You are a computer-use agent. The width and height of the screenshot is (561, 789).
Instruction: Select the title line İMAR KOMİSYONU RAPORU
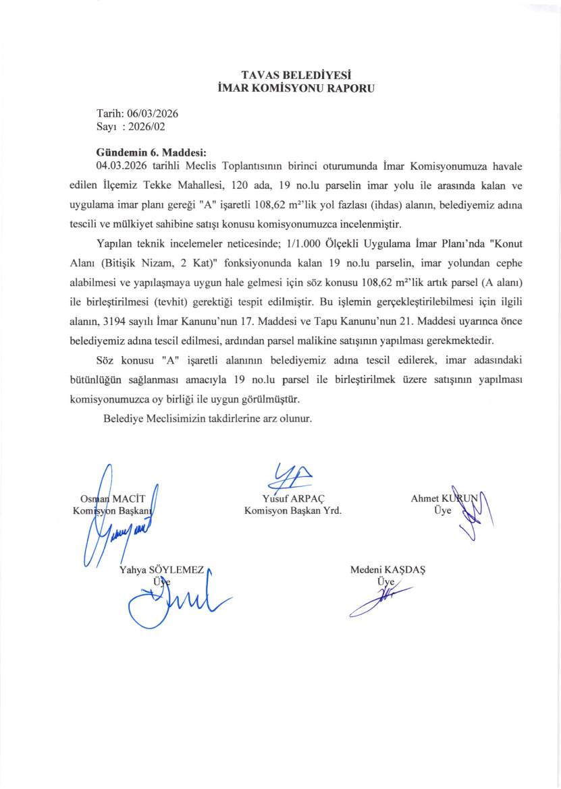click(289, 87)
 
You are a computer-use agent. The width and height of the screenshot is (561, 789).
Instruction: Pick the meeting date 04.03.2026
click(122, 165)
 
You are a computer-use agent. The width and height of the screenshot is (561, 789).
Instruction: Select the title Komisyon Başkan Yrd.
click(293, 510)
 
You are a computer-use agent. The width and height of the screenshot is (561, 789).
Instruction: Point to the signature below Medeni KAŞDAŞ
click(382, 596)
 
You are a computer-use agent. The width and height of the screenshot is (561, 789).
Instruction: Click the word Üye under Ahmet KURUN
click(443, 510)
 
